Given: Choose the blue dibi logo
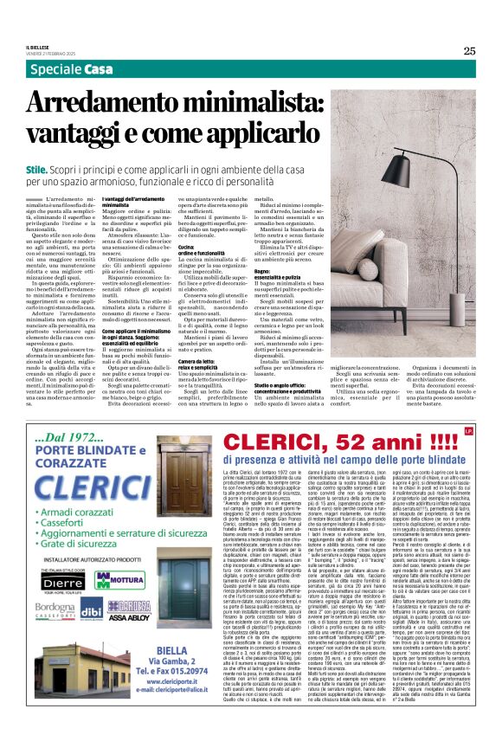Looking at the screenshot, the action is click(x=91, y=611).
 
